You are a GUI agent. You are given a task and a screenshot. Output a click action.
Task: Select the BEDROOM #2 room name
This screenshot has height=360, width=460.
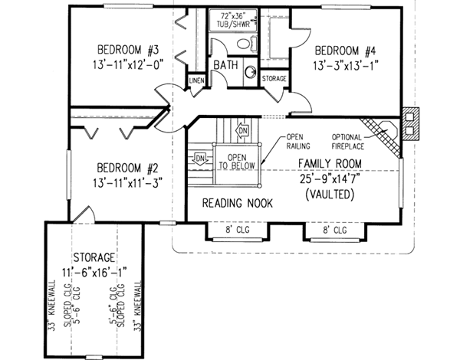(128, 169)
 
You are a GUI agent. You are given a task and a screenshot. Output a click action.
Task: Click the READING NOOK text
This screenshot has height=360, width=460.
(240, 203)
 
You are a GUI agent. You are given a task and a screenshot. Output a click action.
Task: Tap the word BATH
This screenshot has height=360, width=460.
(225, 66)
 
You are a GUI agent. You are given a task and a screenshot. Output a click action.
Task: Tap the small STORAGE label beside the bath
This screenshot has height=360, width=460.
(274, 79)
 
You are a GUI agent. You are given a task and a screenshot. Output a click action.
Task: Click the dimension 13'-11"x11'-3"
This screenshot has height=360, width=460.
(128, 184)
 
